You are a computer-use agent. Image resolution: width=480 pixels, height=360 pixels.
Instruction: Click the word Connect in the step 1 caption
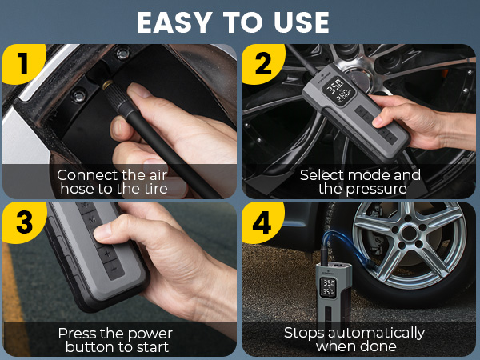(86, 174)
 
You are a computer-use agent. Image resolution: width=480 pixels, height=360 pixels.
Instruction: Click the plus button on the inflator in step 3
(107, 254)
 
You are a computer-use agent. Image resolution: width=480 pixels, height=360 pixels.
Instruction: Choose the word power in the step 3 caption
(148, 333)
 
